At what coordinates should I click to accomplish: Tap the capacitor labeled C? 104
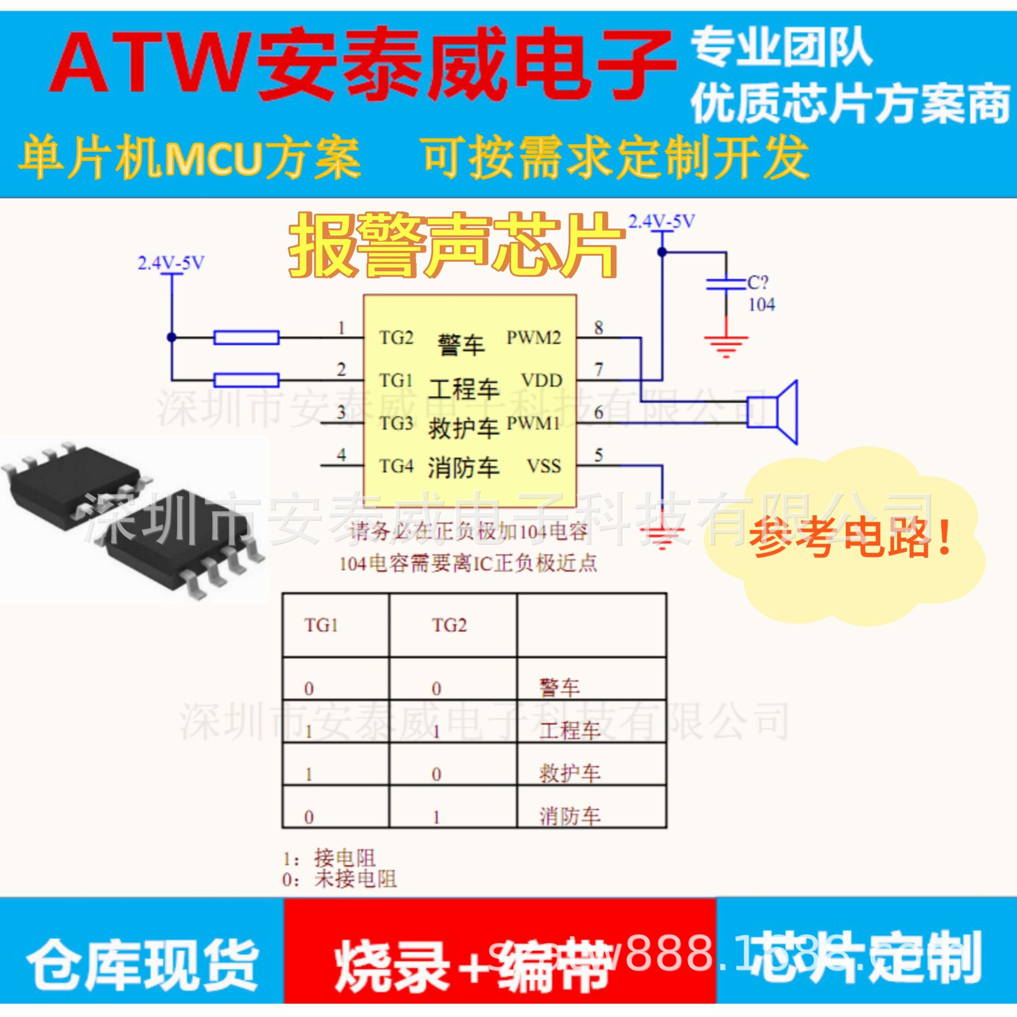click(726, 285)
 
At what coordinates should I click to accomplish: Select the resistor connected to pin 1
click(246, 338)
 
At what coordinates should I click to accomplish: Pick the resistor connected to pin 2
click(246, 380)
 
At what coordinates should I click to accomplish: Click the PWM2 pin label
click(534, 338)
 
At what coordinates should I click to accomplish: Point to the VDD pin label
click(542, 381)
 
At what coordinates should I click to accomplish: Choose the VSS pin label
click(544, 466)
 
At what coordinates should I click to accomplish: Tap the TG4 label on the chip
click(396, 466)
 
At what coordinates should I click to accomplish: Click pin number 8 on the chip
click(599, 328)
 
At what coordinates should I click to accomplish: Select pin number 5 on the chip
click(599, 455)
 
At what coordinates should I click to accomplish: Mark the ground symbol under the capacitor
click(726, 344)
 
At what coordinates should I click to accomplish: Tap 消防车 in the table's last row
click(570, 816)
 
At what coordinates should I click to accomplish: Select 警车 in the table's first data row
click(560, 688)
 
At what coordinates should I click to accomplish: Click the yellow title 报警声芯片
click(455, 246)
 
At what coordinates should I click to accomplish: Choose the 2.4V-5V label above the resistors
click(171, 263)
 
